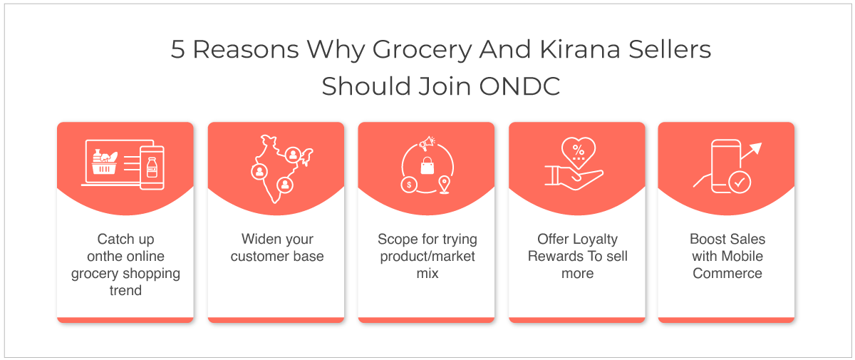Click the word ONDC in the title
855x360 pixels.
(519, 86)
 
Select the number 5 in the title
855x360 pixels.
(177, 49)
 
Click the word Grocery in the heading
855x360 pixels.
(422, 51)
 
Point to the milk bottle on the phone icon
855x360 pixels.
(152, 168)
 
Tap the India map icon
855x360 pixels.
(281, 169)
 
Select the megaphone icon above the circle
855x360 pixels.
(427, 143)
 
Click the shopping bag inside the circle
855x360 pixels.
(427, 165)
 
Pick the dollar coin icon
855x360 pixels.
(409, 185)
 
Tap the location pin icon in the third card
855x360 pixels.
(445, 185)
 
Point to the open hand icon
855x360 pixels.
(574, 178)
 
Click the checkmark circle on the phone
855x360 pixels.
(740, 182)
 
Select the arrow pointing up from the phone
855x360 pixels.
(751, 151)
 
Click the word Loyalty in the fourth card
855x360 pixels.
(596, 240)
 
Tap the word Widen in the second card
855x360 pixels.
(257, 239)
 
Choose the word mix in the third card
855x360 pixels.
(427, 273)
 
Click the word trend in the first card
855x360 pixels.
(125, 291)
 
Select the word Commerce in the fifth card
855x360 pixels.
(727, 273)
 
